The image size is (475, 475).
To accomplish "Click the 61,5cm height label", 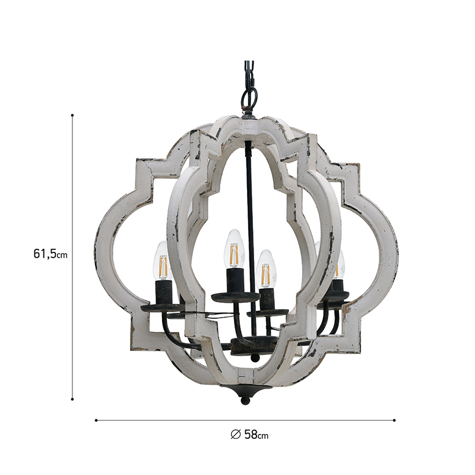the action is (50, 254).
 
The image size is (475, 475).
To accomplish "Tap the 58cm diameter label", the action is (256, 435).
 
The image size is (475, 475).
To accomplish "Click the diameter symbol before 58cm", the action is (236, 435).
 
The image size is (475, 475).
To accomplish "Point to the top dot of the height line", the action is (72, 115).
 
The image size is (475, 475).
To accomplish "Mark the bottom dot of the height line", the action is (72, 399).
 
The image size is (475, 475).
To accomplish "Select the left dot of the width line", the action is (96, 420).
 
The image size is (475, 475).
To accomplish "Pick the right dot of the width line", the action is (394, 420).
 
